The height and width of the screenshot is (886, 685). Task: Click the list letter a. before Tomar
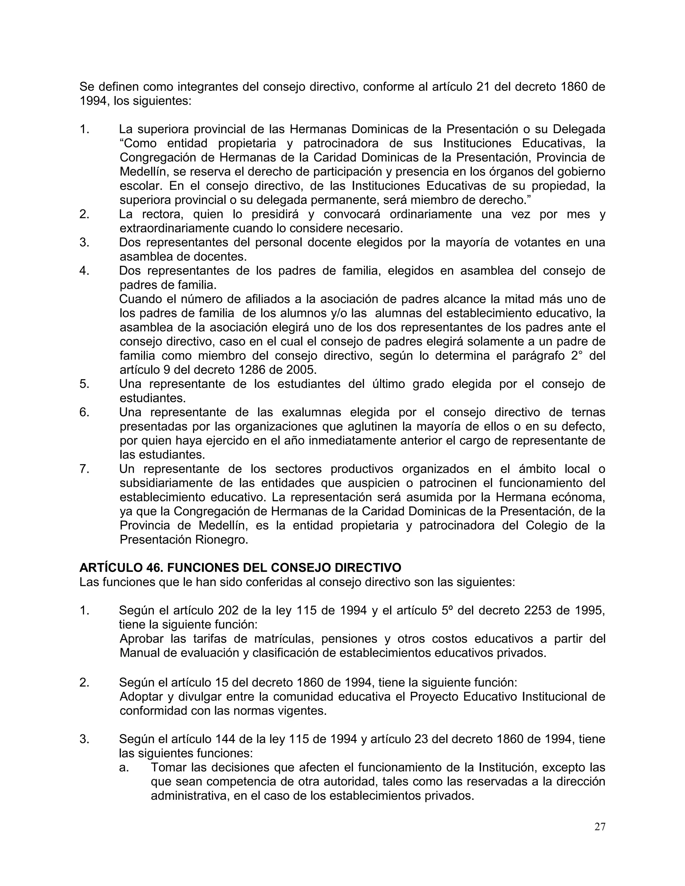[124, 767]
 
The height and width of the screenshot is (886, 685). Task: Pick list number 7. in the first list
[84, 469]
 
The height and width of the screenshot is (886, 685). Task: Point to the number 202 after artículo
[229, 610]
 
